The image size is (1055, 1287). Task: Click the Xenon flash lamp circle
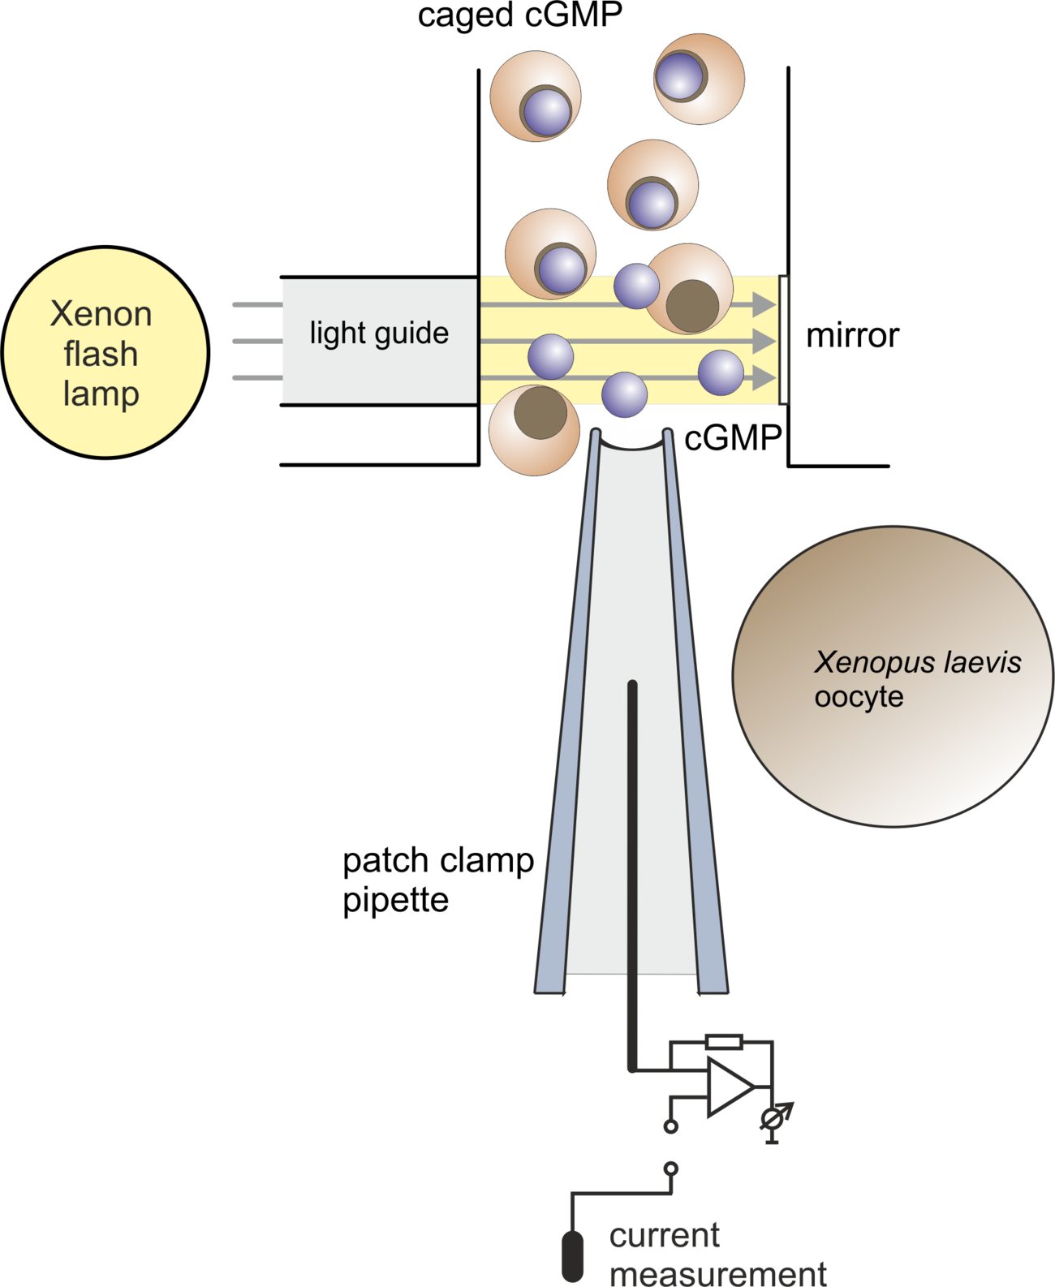coord(105,352)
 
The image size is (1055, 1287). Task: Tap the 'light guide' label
coord(379,334)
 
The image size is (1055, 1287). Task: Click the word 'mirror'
coord(852,336)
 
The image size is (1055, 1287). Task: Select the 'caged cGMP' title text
coord(520,15)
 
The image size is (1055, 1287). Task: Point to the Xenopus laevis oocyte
coord(893,676)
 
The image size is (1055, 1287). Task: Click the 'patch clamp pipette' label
coord(438,880)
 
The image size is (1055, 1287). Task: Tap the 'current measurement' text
coord(717,1253)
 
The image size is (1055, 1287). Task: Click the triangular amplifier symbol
coord(730,1087)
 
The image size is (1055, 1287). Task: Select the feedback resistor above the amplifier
coord(724,1042)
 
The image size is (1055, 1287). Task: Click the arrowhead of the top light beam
coord(764,304)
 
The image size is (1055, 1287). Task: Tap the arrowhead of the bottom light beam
coord(764,378)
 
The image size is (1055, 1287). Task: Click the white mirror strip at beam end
coord(784,340)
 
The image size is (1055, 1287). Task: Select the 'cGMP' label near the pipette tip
coord(733,437)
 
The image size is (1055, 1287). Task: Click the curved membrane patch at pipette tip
coord(632,445)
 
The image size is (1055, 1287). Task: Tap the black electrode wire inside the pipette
coord(632,876)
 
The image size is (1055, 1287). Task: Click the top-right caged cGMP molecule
coord(699,80)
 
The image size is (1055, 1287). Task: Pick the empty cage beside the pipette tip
coord(535,430)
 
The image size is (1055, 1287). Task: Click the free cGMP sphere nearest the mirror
coord(721,372)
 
